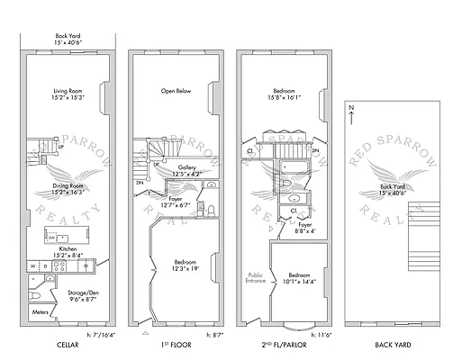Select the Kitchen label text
68,252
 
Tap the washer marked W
32,266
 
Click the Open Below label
178,91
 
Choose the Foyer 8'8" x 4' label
306,229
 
